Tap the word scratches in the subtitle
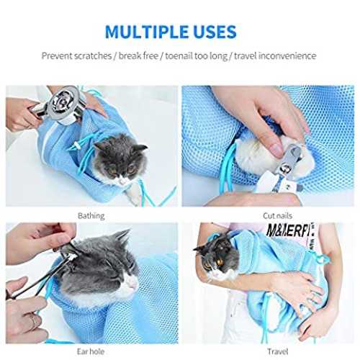(93, 55)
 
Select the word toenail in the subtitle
(179, 55)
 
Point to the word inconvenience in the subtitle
(287, 55)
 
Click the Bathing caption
(91, 216)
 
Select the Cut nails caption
(278, 216)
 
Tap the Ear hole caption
(91, 351)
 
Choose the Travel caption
(278, 351)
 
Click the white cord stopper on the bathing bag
(77, 145)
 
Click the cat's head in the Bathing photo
(120, 160)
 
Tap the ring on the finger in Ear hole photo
(35, 320)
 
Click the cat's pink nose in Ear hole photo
(132, 285)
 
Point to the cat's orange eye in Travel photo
(220, 262)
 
